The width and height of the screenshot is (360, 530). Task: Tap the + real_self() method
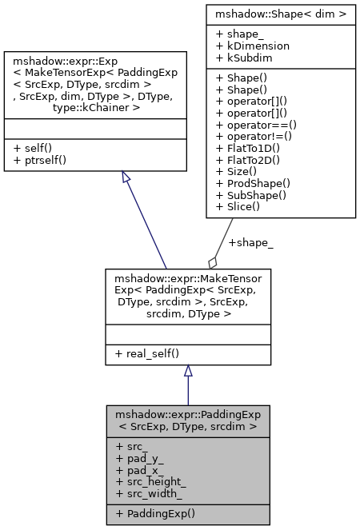[x=151, y=353]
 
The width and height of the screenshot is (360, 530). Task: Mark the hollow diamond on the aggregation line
[x=212, y=261]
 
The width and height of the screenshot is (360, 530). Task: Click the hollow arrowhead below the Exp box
[x=125, y=176]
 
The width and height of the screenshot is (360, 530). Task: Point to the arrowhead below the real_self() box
[x=188, y=371]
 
